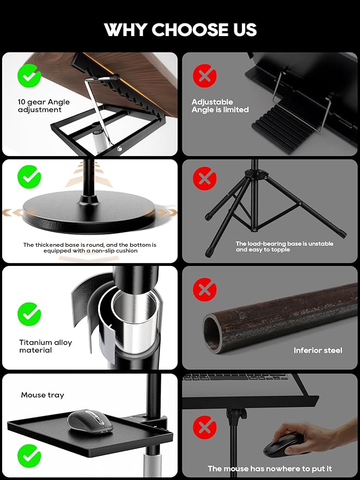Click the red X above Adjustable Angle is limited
click(204, 75)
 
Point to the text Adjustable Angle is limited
click(220, 106)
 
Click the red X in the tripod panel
click(204, 179)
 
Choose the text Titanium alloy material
click(45, 346)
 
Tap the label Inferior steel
click(317, 350)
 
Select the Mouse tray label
click(43, 395)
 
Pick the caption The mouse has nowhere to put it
click(269, 469)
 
